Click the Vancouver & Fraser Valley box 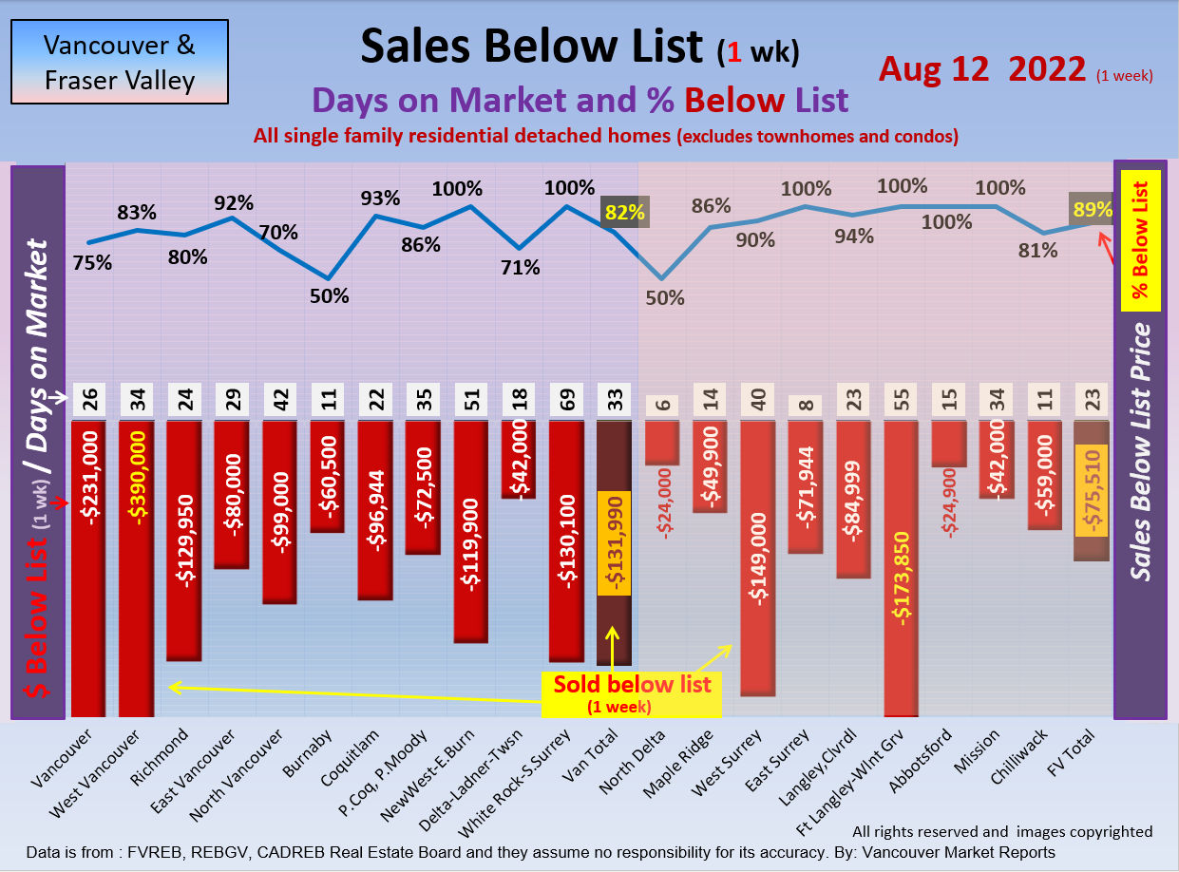click(119, 63)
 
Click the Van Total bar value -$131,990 click(613, 544)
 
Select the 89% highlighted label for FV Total click(1092, 210)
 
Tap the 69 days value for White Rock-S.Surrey click(566, 400)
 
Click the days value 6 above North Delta click(661, 404)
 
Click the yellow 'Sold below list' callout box click(632, 693)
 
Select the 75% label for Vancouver click(92, 263)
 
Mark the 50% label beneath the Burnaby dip click(329, 295)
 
